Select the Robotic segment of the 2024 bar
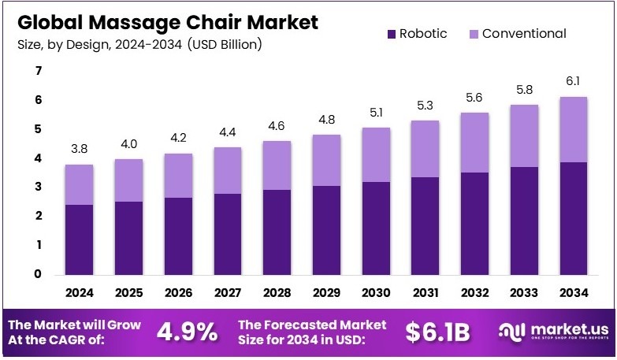pyautogui.click(x=80, y=239)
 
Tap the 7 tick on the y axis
pyautogui.click(x=37, y=72)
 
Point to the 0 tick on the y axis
pyautogui.click(x=37, y=274)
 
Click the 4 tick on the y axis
pyautogui.click(x=37, y=158)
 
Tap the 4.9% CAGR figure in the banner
pyautogui.click(x=188, y=332)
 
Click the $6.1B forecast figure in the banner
pyautogui.click(x=437, y=332)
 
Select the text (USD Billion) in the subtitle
pyautogui.click(x=225, y=44)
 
